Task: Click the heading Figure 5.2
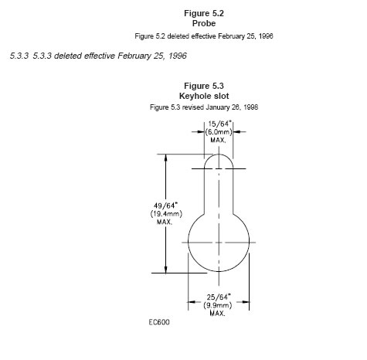tap(204, 13)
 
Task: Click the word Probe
tap(204, 23)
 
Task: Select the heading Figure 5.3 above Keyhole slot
tap(204, 86)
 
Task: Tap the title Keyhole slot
tap(204, 96)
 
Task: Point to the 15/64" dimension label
tap(219, 124)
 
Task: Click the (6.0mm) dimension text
tap(219, 132)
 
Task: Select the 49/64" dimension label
tap(165, 205)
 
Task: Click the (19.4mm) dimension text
tap(166, 214)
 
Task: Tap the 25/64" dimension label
tap(219, 297)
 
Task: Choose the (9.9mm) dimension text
tap(218, 305)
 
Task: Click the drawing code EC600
tap(159, 322)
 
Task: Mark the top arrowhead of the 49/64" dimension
tap(165, 158)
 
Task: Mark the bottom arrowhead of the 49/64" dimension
tap(165, 270)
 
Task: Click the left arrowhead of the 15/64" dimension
tap(201, 132)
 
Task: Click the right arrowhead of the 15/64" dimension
tap(236, 132)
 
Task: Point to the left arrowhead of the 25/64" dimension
tap(192, 302)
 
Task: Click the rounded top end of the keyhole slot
tap(219, 155)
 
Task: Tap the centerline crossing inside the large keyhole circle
tap(219, 243)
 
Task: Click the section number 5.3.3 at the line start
tap(19, 56)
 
